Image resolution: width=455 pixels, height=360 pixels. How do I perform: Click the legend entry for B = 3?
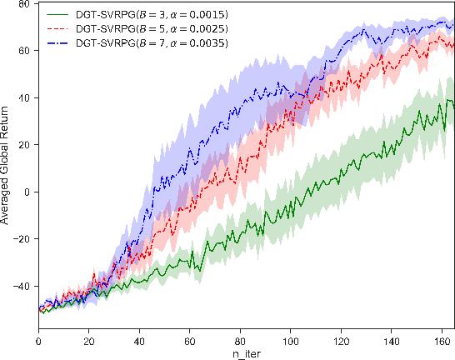point(133,15)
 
